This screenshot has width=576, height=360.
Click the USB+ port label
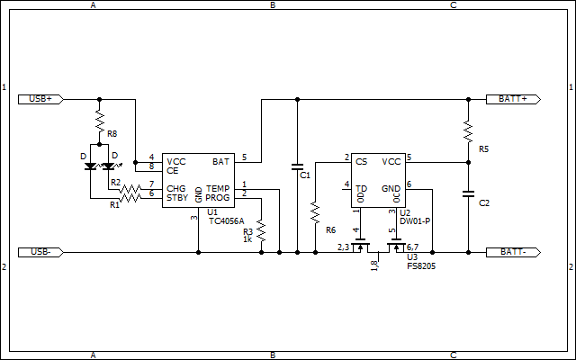(x=40, y=99)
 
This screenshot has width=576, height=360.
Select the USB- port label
(x=40, y=252)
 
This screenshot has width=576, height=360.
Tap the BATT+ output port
(x=513, y=99)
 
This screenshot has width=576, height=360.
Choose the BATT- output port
(x=513, y=252)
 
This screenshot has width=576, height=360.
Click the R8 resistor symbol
(x=100, y=121)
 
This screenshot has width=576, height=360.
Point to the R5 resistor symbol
(x=468, y=130)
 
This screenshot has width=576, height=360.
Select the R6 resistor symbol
(x=315, y=212)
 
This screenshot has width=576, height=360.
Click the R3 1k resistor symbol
(x=261, y=230)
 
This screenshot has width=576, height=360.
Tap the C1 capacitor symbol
(x=297, y=166)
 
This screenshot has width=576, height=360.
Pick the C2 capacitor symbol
(x=468, y=194)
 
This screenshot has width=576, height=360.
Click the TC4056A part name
(x=226, y=221)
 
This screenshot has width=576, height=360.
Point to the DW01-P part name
(x=415, y=221)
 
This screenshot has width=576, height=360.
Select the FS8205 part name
(x=421, y=266)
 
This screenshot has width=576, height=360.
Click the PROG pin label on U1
(x=218, y=198)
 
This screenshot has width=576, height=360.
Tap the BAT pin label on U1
(x=220, y=162)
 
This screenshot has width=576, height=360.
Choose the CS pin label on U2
(x=362, y=162)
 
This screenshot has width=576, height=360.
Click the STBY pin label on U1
(x=177, y=198)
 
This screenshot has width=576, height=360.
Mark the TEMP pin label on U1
(x=218, y=188)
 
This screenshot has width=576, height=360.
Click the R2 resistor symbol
(x=130, y=190)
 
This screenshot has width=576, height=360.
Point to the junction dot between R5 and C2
(x=468, y=162)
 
